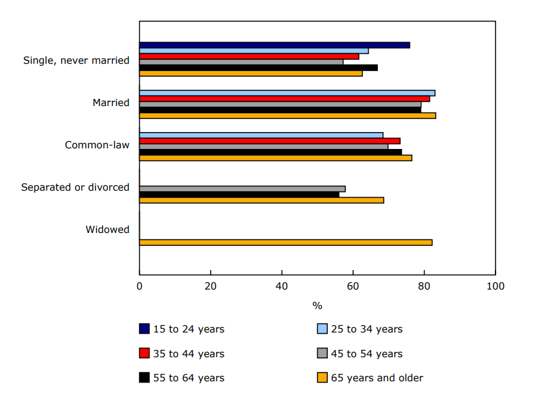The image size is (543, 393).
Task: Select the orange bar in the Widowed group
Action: coord(285,243)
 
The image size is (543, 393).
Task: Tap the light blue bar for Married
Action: coord(287,93)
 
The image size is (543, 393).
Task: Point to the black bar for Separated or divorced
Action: coord(239,195)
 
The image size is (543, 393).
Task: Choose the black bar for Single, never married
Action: coord(258,68)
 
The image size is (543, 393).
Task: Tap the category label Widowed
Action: coord(107,230)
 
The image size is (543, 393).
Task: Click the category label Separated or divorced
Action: coord(75,187)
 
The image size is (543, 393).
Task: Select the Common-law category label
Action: coord(97,145)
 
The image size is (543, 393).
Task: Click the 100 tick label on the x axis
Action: coord(495,286)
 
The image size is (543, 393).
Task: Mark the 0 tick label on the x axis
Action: coord(139,286)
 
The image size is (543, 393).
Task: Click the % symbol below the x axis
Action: coord(317,306)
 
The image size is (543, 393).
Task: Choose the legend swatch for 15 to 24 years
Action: coord(144,329)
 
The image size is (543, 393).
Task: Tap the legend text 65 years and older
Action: coord(377,378)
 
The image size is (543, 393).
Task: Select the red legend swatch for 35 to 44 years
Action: coord(144,353)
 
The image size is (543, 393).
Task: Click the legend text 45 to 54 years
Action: coord(367,354)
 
